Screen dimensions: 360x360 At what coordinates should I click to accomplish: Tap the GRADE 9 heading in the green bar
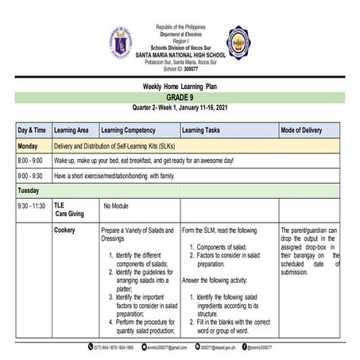click(x=179, y=97)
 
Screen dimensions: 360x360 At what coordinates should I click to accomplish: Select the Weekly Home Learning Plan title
click(x=179, y=86)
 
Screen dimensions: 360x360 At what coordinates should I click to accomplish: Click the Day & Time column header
click(x=32, y=130)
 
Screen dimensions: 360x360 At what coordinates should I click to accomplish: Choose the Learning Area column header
click(x=76, y=130)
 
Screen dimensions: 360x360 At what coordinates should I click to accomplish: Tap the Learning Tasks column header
click(x=205, y=130)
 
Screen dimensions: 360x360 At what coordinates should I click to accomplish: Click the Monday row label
click(x=29, y=146)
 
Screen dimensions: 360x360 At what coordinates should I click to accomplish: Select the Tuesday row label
click(x=29, y=190)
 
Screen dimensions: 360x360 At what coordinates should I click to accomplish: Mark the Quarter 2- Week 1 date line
click(x=179, y=107)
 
